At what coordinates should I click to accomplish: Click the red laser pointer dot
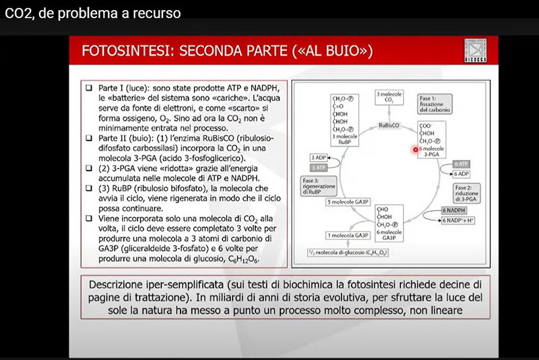(416, 150)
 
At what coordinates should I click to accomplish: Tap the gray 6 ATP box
(461, 164)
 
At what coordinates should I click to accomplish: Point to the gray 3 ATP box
(317, 167)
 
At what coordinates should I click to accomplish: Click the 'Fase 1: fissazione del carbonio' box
(434, 102)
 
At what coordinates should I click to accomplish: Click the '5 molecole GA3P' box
(348, 202)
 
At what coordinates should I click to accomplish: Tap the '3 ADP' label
(317, 156)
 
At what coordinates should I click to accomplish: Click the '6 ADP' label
(461, 173)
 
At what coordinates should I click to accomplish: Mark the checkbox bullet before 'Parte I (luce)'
(89, 88)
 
